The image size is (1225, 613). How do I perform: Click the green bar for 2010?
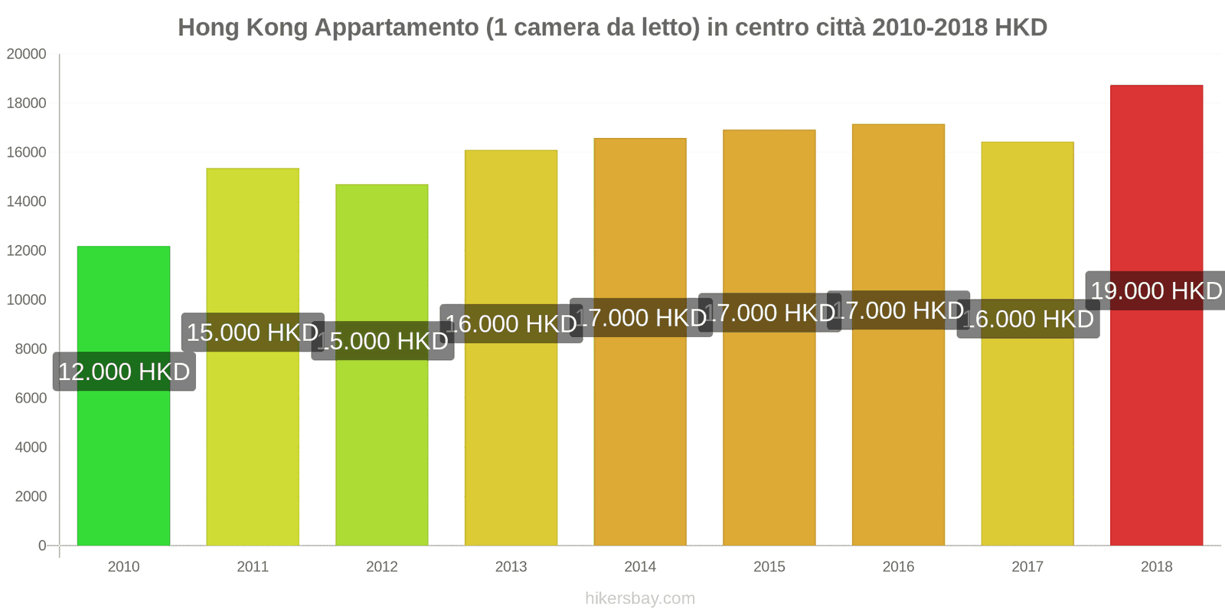pos(123,460)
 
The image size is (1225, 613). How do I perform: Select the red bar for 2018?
pos(1156,421)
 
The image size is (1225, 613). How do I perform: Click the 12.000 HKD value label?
pos(124,372)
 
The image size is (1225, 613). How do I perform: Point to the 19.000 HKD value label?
pos(1156,291)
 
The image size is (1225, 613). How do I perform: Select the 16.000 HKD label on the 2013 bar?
pos(511,324)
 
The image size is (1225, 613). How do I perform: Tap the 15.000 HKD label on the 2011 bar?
pos(253,333)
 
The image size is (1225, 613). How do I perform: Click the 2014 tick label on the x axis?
pos(640,567)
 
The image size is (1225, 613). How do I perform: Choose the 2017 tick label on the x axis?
pos(1027,567)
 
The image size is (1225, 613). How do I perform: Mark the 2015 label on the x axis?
pos(769,567)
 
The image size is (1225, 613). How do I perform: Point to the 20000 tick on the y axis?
pos(27,54)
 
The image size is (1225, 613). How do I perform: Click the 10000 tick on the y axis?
pos(27,300)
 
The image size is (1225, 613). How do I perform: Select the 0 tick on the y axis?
pos(42,546)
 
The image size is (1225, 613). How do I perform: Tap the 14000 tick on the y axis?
pos(27,202)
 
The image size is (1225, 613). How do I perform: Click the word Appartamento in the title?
pos(397,28)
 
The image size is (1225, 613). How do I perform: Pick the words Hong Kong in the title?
pos(243,28)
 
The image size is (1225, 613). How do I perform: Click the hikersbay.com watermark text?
pos(640,598)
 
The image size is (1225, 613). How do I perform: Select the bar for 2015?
pos(769,437)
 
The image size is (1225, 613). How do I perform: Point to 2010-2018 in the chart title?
pos(929,28)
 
